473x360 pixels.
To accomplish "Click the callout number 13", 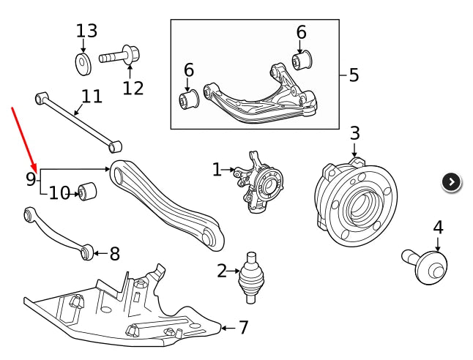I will coord(86,31).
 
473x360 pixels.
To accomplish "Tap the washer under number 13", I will coord(83,63).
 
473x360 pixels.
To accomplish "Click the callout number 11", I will coord(92,97).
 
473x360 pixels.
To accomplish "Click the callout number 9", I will coord(31,179).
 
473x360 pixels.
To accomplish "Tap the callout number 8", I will coord(114,254).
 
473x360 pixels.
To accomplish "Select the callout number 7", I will coord(243,328).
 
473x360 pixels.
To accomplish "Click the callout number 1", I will coord(217,170).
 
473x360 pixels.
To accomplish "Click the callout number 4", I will coord(438,228).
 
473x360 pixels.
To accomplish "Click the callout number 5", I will coord(354,75).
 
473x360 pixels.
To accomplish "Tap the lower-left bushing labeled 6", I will coord(190,100).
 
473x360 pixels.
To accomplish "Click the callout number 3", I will coord(354,133).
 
